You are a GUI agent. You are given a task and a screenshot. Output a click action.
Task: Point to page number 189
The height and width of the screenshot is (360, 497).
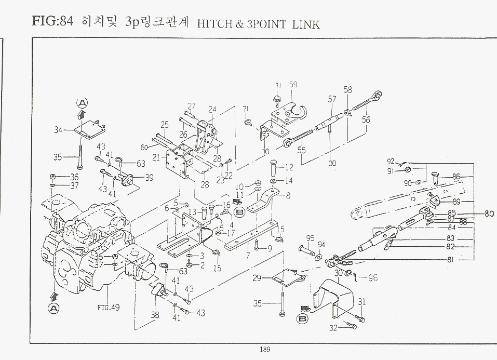tap(265, 350)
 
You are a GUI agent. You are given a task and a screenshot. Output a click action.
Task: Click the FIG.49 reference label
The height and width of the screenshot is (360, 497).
tap(109, 307)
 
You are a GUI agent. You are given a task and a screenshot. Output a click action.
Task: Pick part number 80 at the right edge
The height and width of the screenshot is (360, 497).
tap(489, 213)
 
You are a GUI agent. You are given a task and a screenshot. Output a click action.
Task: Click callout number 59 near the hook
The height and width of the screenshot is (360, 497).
tap(293, 85)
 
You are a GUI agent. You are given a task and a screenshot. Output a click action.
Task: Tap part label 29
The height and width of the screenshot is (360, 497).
tap(257, 279)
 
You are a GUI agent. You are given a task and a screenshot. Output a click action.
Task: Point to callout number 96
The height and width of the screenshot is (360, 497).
tap(372, 278)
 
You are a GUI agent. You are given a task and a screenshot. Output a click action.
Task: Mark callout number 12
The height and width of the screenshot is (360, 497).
tap(289, 167)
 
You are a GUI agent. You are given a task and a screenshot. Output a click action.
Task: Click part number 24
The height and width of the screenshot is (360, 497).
tap(212, 110)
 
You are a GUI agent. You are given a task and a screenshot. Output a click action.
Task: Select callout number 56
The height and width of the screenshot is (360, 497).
tap(366, 119)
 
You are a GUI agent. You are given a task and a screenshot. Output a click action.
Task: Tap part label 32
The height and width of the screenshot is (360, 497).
tap(333, 328)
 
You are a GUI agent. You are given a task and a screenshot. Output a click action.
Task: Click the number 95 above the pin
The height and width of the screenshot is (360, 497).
tap(311, 238)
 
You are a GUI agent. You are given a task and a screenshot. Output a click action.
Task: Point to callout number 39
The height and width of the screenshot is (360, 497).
tap(150, 178)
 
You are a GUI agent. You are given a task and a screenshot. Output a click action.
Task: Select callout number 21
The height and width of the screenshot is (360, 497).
tap(156, 157)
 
